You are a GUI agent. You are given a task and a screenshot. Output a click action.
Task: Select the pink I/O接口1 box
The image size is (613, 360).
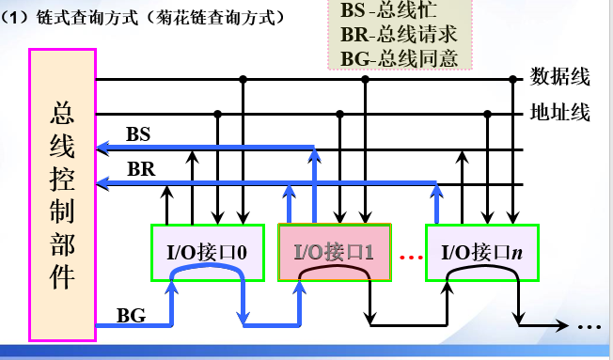point(335,251)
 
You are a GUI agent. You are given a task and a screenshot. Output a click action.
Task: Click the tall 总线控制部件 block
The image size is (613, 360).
point(63,193)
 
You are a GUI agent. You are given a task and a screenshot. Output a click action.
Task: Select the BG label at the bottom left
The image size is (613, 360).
point(132,314)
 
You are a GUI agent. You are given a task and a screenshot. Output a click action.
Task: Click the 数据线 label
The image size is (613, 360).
point(560,76)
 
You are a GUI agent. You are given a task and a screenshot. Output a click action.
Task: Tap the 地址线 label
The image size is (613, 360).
point(560,114)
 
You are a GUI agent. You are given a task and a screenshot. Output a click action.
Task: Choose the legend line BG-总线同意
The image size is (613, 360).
point(400,58)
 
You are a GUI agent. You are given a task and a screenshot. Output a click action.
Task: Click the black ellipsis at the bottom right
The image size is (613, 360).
point(589,327)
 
